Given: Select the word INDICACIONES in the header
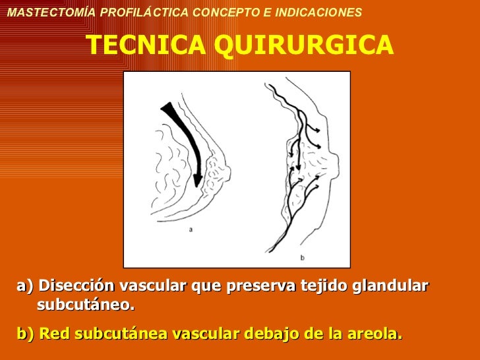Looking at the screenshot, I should (319, 13).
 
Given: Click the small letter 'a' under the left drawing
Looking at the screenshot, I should (191, 229).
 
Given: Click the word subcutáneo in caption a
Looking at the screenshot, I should (86, 305).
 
